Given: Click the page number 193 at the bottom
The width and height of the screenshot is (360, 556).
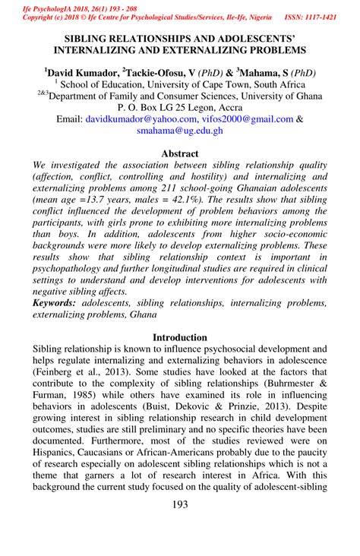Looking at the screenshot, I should (x=180, y=526).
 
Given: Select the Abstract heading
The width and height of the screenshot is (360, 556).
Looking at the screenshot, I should (x=180, y=153).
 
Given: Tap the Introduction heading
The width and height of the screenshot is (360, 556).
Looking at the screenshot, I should (x=180, y=336).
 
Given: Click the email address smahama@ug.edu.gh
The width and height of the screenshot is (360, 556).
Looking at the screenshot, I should (x=180, y=131).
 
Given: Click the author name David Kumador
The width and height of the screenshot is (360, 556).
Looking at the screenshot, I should (x=84, y=73).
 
